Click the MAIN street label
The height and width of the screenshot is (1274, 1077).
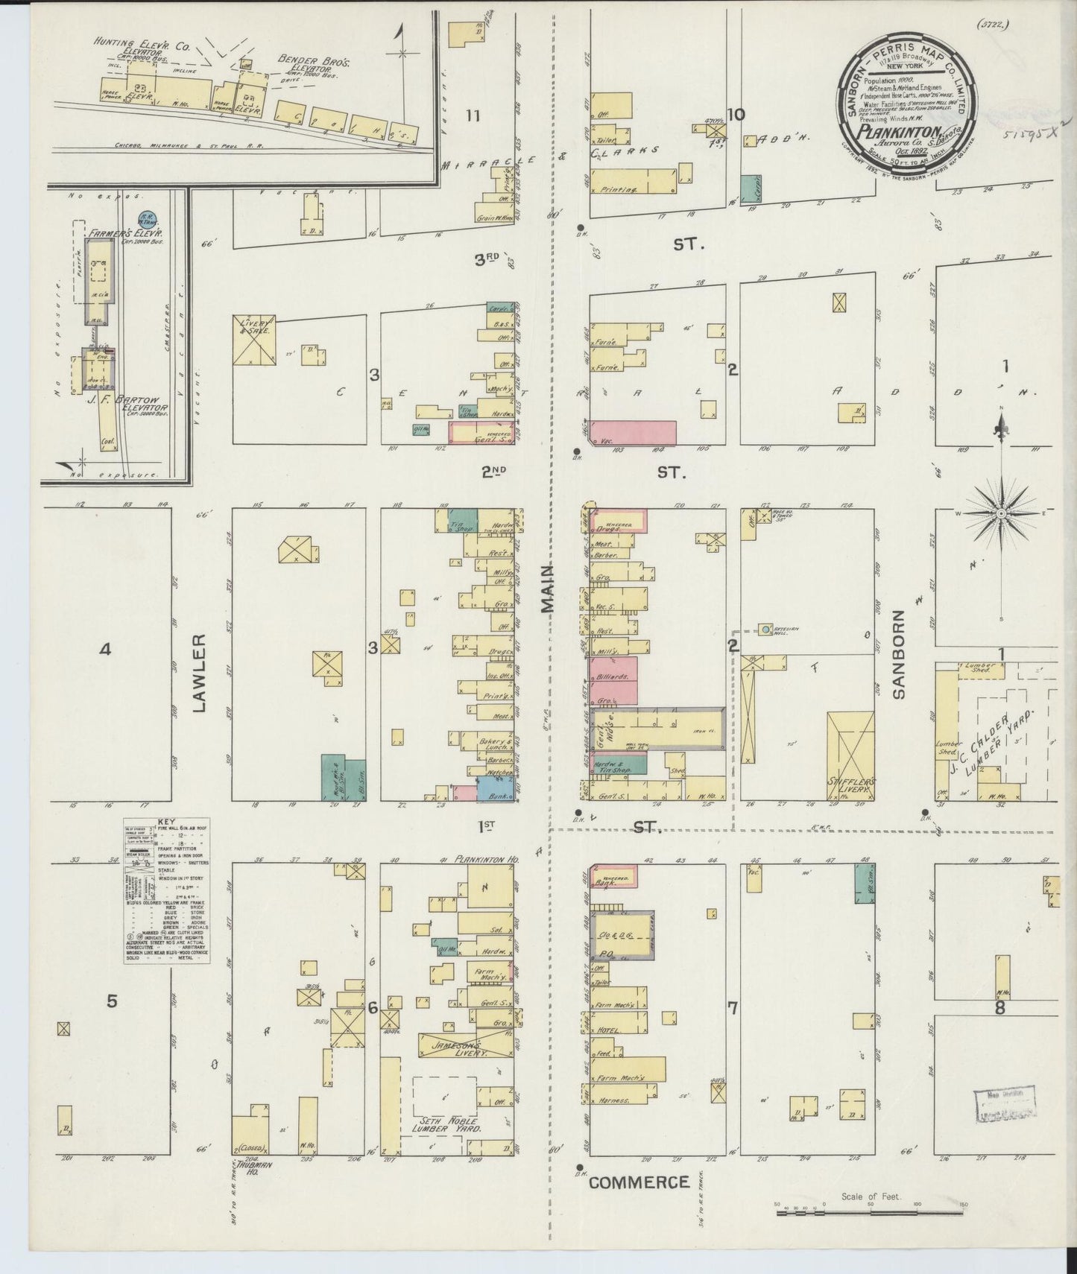(549, 588)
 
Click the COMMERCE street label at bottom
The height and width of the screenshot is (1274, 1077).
(639, 1182)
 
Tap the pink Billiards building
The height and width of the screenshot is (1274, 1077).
(616, 678)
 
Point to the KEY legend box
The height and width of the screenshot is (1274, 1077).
(167, 891)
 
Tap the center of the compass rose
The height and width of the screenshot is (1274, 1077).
(1001, 514)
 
